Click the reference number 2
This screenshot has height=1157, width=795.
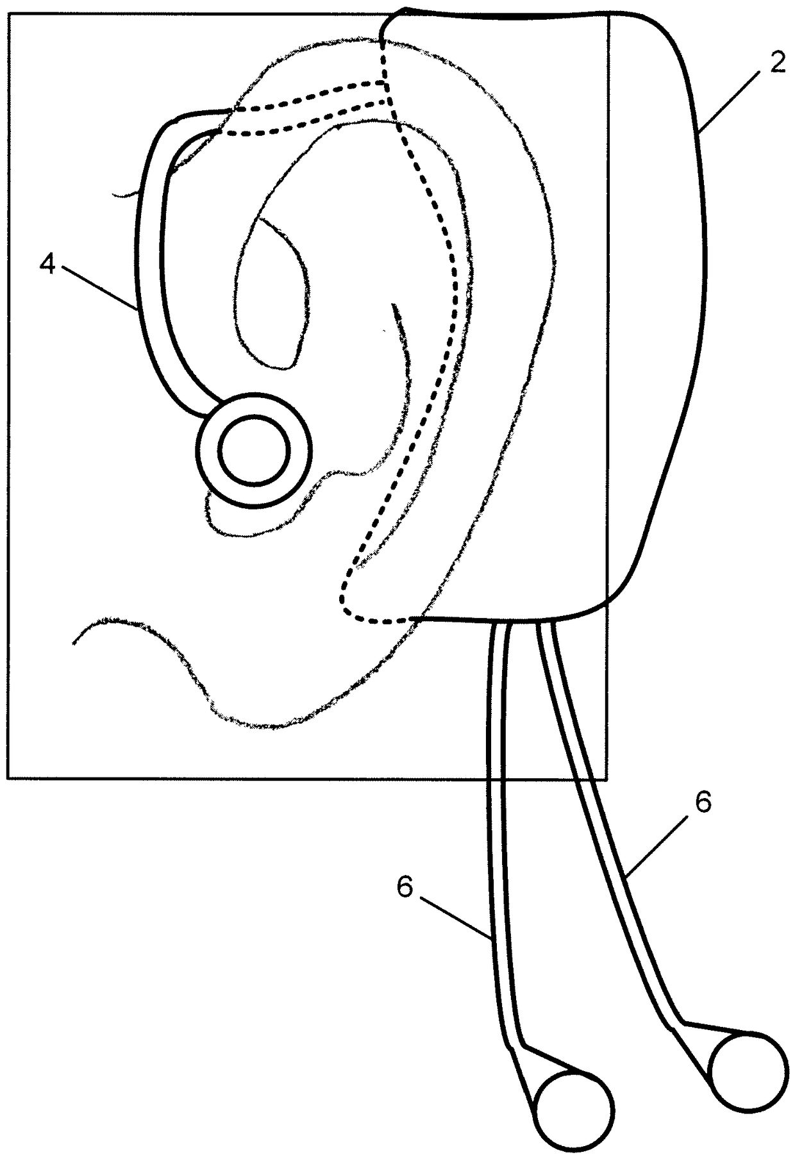[x=777, y=65]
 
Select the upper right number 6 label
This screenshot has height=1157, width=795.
[x=703, y=803]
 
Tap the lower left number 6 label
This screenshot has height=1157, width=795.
[x=405, y=888]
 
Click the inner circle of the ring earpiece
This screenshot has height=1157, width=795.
[x=254, y=449]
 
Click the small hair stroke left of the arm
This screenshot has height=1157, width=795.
[x=125, y=192]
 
